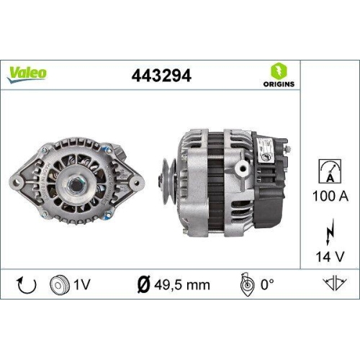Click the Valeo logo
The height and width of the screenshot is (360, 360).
pyautogui.click(x=28, y=72)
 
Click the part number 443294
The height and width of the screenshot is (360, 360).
pyautogui.click(x=161, y=75)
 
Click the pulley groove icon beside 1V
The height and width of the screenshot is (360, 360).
pyautogui.click(x=60, y=284)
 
